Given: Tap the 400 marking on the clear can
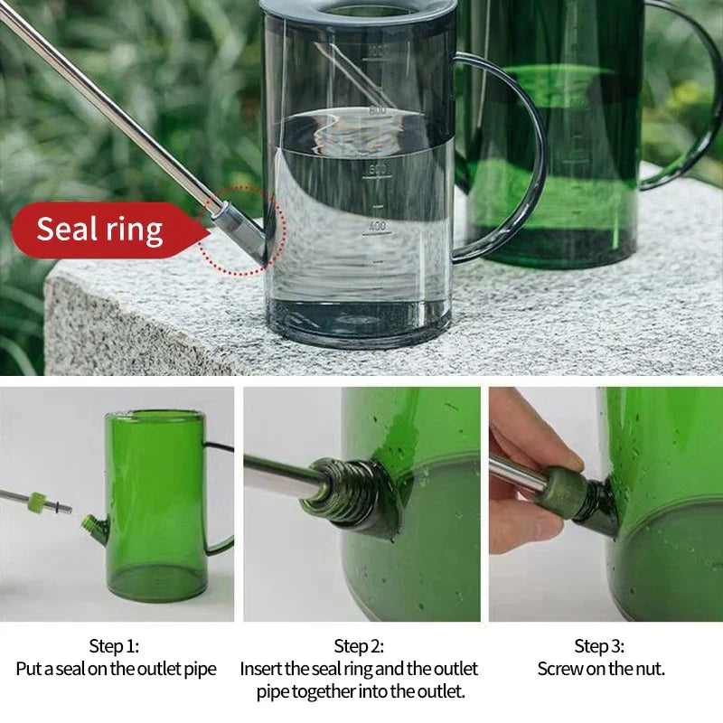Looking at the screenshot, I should click(x=377, y=226).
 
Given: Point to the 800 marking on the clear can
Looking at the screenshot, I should click(x=377, y=110).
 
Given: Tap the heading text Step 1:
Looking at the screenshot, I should click(x=114, y=646).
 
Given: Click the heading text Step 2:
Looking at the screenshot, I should click(x=359, y=646).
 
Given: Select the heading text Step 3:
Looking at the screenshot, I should click(x=599, y=646).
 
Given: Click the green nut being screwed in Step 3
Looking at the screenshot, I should click(x=562, y=492).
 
